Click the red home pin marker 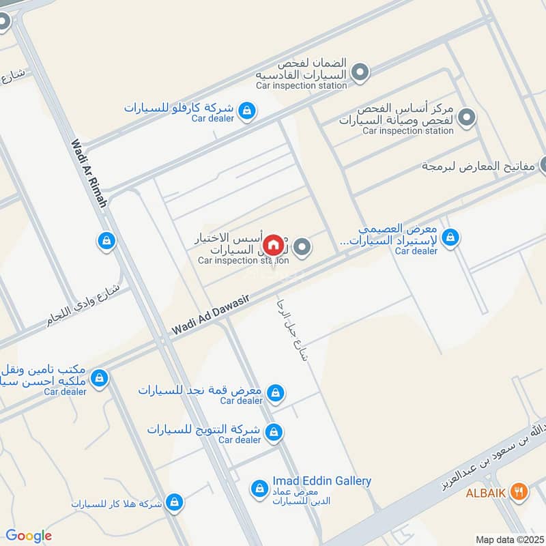(273, 244)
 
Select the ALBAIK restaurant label (485, 492)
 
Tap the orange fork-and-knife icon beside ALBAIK (519, 491)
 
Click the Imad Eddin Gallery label (321, 481)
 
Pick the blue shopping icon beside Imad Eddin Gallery (259, 488)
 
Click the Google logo (28, 536)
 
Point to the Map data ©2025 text (508, 539)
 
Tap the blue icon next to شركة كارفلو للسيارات (248, 110)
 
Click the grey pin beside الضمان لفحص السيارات (360, 72)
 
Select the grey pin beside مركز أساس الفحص (467, 117)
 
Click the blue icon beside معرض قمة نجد (275, 392)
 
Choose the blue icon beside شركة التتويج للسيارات (274, 432)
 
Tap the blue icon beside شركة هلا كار (175, 502)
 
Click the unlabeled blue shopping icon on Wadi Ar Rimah (105, 241)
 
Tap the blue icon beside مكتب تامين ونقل (100, 377)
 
